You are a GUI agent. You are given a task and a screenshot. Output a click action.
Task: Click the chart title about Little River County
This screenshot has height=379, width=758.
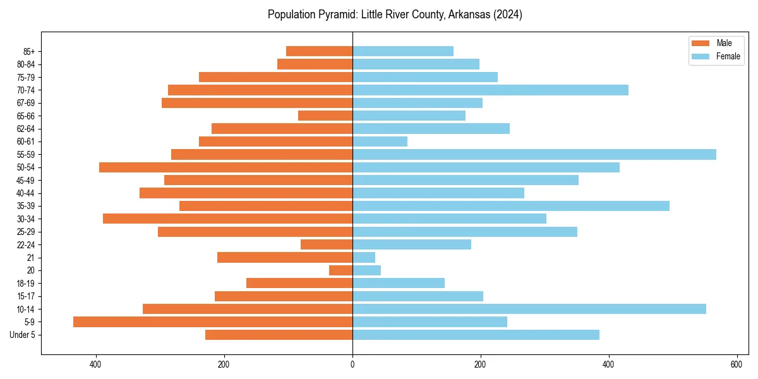click(395, 15)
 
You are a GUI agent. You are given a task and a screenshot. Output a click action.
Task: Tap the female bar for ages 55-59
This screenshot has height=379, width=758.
click(534, 154)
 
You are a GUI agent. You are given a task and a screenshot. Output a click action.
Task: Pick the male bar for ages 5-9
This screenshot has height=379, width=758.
click(213, 322)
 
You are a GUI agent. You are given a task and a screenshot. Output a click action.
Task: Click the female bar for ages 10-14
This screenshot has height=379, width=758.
click(529, 309)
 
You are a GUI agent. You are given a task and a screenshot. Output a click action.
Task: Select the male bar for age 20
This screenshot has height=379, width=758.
click(341, 270)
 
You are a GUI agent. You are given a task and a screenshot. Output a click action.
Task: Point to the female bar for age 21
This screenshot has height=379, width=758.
click(364, 257)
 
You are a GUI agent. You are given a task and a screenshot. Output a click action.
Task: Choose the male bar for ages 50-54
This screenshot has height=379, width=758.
click(226, 167)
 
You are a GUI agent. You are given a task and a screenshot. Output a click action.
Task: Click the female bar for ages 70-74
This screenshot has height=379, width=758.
click(490, 90)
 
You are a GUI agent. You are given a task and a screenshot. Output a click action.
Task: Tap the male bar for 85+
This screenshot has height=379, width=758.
click(319, 51)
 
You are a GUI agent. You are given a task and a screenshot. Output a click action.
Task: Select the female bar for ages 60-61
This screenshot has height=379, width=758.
click(380, 141)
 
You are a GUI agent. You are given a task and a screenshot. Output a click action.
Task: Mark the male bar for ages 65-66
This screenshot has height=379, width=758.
click(325, 116)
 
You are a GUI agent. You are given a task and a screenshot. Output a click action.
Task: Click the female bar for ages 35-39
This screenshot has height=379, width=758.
click(510, 206)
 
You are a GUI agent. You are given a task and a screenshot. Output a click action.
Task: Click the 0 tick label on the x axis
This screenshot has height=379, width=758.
click(352, 364)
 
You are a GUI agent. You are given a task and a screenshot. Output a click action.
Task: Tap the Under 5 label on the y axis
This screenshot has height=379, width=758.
click(23, 335)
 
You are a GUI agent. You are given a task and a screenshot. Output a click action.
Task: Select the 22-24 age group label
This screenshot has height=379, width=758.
click(26, 244)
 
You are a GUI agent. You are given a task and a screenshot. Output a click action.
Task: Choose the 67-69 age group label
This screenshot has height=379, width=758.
click(26, 103)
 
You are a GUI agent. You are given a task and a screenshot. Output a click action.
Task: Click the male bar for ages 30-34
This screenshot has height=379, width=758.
click(227, 219)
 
